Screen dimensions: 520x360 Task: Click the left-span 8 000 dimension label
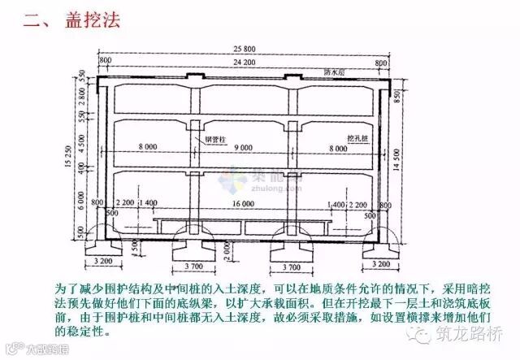(x=149, y=147)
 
